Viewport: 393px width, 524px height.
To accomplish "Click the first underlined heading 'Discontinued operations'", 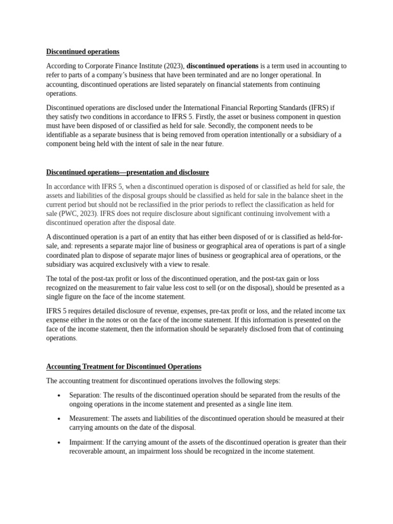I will (x=82, y=52).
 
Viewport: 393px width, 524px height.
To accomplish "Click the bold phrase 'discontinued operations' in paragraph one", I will (x=222, y=66).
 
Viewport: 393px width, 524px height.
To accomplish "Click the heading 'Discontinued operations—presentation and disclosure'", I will (x=127, y=172).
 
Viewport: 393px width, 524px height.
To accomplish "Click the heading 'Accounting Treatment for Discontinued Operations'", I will (x=123, y=367).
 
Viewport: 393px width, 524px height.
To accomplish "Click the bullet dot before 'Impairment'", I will (x=59, y=443).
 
